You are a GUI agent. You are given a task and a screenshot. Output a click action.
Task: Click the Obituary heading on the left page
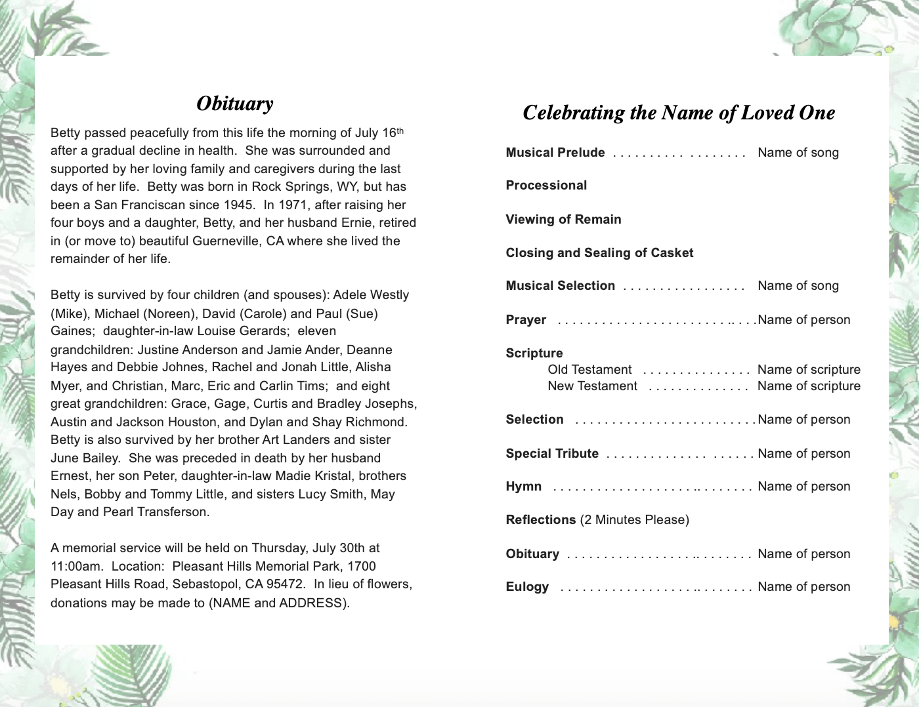pos(234,104)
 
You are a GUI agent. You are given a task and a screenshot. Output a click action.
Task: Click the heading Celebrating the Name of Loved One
pos(678,113)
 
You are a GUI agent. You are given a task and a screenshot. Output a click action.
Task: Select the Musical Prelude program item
pos(555,153)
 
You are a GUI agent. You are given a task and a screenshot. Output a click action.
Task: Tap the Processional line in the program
pos(546,186)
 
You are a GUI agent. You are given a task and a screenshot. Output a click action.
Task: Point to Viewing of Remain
pos(563,220)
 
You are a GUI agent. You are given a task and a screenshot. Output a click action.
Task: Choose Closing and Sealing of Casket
pos(599,253)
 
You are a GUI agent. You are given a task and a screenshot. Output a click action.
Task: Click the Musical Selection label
pos(560,286)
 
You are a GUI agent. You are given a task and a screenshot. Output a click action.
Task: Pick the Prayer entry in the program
pos(526,320)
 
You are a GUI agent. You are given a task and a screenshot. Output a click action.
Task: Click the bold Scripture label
pos(534,353)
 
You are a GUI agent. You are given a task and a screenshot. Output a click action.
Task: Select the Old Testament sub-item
pos(589,370)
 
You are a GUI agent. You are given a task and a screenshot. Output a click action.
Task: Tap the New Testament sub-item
pos(592,386)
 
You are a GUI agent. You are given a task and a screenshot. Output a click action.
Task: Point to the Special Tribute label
pos(552,454)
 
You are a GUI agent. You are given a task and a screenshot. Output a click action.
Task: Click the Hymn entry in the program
pos(523,487)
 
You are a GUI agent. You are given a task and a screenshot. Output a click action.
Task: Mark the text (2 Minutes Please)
pos(634,520)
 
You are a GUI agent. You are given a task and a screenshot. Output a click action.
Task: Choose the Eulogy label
pos(527,587)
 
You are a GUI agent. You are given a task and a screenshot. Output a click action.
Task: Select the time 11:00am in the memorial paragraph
pos(74,566)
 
